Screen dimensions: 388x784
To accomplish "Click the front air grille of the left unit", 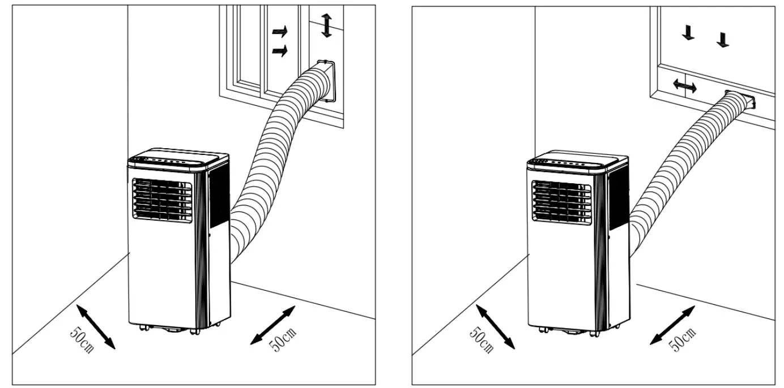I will (162, 199).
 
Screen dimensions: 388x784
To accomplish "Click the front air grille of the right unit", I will (561, 201).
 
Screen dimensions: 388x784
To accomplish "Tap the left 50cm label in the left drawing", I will (82, 339).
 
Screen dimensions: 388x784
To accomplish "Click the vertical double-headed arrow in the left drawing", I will (326, 25).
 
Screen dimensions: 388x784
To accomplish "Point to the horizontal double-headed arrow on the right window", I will (685, 86).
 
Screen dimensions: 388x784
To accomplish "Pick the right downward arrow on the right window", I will (723, 39).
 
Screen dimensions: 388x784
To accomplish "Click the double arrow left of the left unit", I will (96, 326).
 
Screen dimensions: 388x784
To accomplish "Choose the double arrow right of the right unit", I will (672, 325).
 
